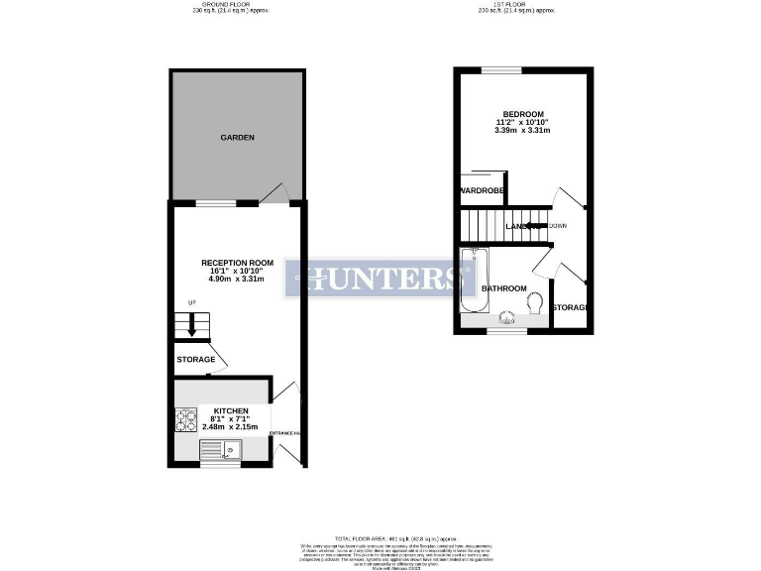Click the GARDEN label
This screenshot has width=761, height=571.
237,137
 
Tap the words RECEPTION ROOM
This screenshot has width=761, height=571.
237,262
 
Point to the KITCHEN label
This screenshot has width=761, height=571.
231,409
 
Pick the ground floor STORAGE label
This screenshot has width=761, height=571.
195,359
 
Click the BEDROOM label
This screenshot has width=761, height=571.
522,114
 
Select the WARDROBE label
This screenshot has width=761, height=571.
482,189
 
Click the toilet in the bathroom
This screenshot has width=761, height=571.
535,300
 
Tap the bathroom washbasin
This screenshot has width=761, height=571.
506,318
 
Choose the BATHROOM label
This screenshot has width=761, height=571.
504,288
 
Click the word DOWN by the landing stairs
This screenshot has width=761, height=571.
558,226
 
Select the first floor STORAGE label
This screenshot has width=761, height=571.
571,307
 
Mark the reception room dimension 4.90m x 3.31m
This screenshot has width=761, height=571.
237,280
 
